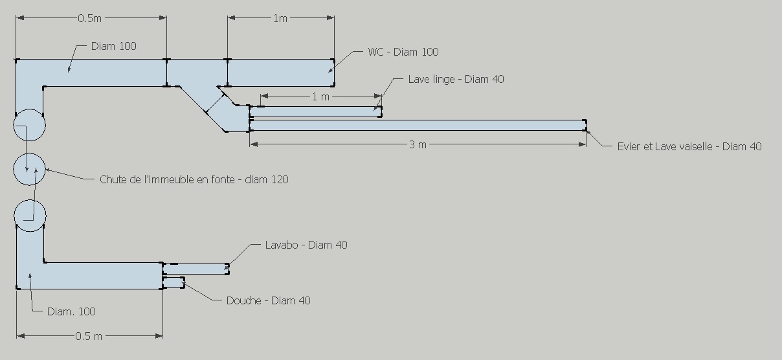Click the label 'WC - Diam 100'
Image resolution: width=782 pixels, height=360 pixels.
pyautogui.click(x=403, y=52)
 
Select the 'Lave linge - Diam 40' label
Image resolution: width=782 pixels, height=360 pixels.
pyautogui.click(x=456, y=79)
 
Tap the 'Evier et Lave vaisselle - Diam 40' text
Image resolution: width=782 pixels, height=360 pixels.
pyautogui.click(x=689, y=146)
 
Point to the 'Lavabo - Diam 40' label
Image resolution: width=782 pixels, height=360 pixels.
pyautogui.click(x=306, y=245)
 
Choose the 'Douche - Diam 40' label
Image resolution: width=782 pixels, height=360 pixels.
pyautogui.click(x=268, y=300)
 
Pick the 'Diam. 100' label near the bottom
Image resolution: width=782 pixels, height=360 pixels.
pyautogui.click(x=71, y=311)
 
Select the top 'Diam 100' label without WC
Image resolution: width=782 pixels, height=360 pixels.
pyautogui.click(x=114, y=46)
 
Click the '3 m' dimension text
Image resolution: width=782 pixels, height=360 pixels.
pyautogui.click(x=418, y=144)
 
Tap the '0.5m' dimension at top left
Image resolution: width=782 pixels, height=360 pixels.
pyautogui.click(x=89, y=18)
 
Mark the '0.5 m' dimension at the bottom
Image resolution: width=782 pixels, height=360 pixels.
pyautogui.click(x=89, y=336)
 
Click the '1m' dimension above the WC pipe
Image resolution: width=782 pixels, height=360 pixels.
pyautogui.click(x=280, y=18)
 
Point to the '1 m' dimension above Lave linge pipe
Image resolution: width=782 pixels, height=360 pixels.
pyautogui.click(x=321, y=97)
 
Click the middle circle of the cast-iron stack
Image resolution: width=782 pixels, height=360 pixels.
pyautogui.click(x=30, y=170)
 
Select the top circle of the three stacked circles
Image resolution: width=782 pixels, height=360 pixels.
pyautogui.click(x=30, y=125)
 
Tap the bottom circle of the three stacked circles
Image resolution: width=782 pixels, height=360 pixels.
pyautogui.click(x=30, y=215)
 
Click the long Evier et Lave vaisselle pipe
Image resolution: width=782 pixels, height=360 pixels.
pyautogui.click(x=418, y=125)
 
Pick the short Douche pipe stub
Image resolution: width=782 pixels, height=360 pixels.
pyautogui.click(x=173, y=282)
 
